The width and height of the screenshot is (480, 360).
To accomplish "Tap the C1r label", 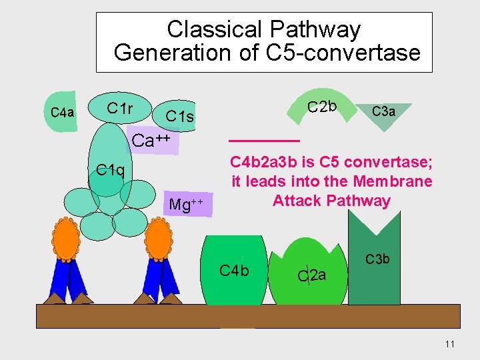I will point(120,107).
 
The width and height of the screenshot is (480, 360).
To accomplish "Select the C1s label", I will point(179,117).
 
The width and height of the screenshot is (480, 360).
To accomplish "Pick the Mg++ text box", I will point(189,203).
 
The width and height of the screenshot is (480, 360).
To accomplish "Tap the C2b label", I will point(322,106).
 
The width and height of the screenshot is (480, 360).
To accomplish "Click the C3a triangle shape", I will point(383,111).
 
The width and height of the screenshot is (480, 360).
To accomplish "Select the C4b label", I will point(234,270).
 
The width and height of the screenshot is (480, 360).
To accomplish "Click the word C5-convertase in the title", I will point(343,52).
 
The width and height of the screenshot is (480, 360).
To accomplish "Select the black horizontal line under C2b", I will point(264,141).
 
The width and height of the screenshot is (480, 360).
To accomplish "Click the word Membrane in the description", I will point(393,181).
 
